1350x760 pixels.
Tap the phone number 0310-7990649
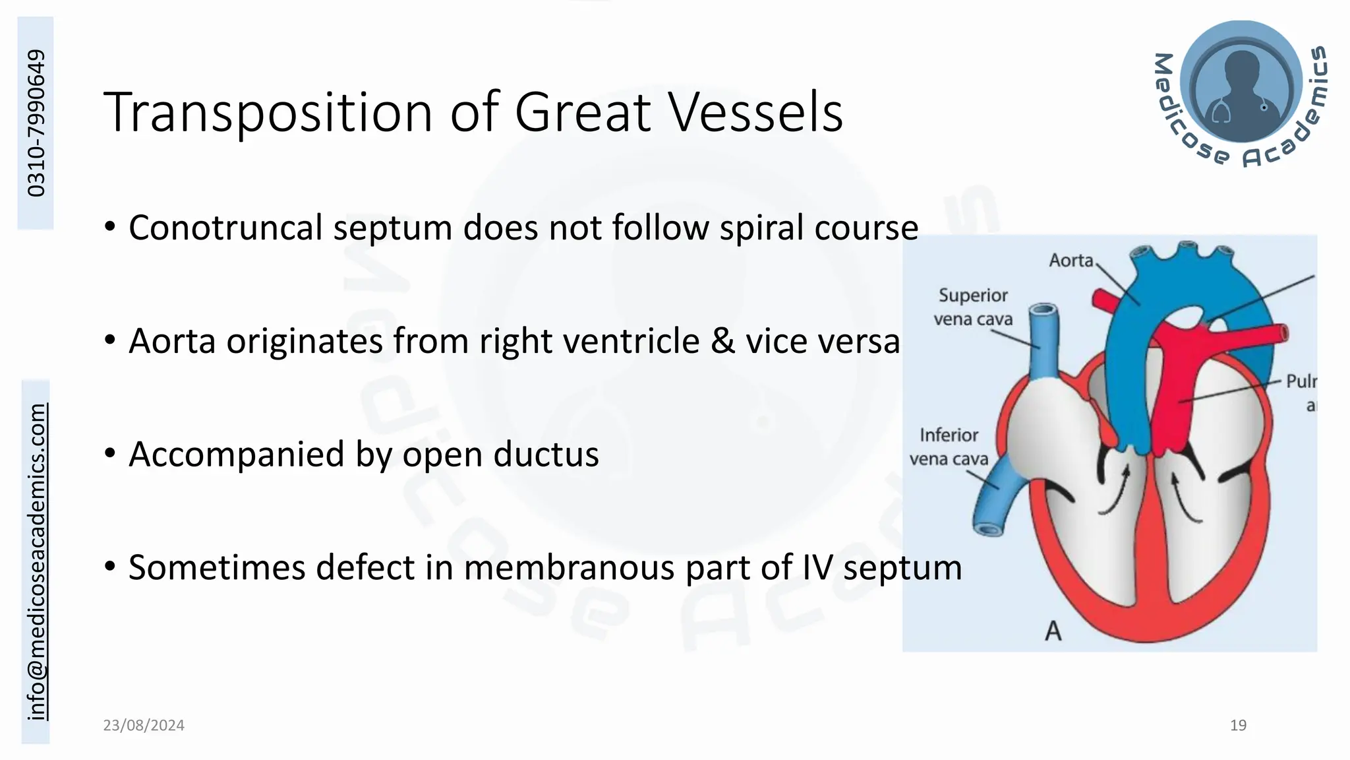[x=36, y=123]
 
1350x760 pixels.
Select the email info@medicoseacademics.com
[x=36, y=561]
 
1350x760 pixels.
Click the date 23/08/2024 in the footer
[x=144, y=725]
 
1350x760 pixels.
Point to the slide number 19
[x=1238, y=725]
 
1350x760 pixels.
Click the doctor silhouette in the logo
[x=1241, y=86]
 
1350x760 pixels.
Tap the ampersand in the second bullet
[x=723, y=341]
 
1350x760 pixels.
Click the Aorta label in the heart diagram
[x=1071, y=261]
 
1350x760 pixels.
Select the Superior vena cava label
[x=973, y=307]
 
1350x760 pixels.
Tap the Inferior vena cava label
[x=949, y=447]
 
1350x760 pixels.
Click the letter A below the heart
[x=1053, y=631]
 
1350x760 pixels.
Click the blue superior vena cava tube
[x=1044, y=343]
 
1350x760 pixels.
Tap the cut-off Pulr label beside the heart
[x=1301, y=382]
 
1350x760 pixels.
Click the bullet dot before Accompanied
[x=110, y=453]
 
